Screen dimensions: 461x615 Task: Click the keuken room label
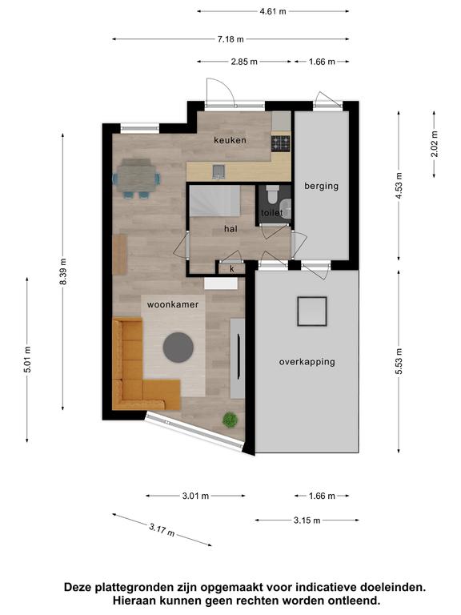(x=230, y=140)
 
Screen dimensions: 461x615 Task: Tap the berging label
(x=322, y=186)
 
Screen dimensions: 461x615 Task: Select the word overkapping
(x=307, y=362)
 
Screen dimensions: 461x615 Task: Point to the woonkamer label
(x=173, y=304)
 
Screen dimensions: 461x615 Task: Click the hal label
(x=230, y=228)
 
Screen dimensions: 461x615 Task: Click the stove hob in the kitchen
(x=281, y=143)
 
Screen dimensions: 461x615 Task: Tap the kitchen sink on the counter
(x=218, y=172)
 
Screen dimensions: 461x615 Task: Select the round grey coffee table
(x=178, y=348)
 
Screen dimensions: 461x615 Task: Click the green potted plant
(x=230, y=420)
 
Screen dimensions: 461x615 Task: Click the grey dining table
(x=136, y=178)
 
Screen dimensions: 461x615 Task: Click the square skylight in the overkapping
(x=311, y=312)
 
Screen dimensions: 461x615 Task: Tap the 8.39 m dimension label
(x=63, y=271)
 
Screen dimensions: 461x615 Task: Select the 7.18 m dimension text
(x=230, y=39)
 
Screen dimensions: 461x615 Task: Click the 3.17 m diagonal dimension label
(x=162, y=530)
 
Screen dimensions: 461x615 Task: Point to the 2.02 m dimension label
(x=435, y=144)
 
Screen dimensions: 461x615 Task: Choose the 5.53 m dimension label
(x=399, y=361)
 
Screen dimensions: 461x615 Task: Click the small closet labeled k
(x=231, y=269)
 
